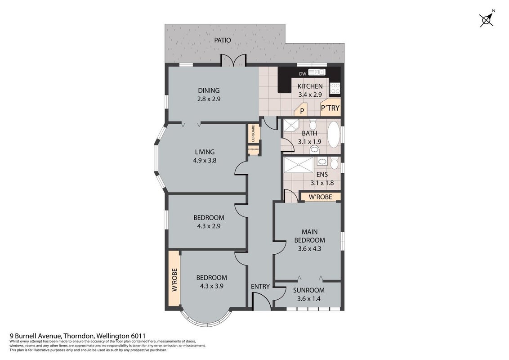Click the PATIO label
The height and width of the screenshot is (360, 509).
[x=223, y=40]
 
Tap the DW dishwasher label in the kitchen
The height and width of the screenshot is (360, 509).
[x=303, y=74]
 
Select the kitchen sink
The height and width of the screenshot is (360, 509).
[x=317, y=72]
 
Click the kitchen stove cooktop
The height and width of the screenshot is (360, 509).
[x=335, y=88]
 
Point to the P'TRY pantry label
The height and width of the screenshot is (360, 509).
[x=330, y=108]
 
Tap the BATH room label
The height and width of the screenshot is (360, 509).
[x=309, y=133]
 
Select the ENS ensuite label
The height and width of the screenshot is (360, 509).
[x=321, y=175]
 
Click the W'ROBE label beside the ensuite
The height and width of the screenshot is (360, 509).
[x=320, y=197]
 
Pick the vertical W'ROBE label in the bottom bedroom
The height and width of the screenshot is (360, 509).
[x=174, y=280]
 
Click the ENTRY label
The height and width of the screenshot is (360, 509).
[x=260, y=287]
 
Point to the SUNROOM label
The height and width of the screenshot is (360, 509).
[x=309, y=290]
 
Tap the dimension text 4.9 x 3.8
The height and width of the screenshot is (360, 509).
[x=205, y=160]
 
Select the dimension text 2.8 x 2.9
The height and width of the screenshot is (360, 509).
[x=209, y=99]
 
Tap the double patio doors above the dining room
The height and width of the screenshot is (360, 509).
[x=233, y=60]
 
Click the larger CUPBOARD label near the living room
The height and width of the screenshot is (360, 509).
[x=253, y=133]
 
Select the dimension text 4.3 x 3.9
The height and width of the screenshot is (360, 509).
[x=211, y=286]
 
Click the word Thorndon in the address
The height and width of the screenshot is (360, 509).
[x=79, y=336]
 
